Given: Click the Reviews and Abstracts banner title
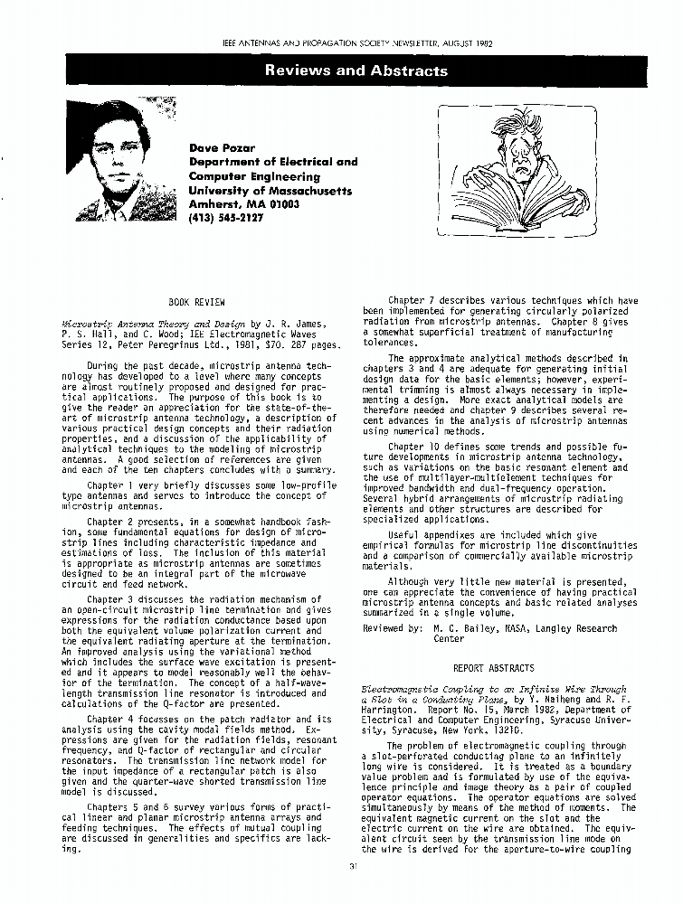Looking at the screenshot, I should [356, 71].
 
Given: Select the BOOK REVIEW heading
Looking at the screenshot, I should [196, 302].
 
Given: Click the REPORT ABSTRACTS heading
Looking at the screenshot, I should [493, 668].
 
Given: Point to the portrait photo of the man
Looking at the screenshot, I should [122, 161].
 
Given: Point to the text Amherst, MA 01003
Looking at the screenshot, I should [243, 204].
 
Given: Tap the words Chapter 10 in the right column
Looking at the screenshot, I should [414, 446].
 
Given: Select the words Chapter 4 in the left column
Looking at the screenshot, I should [111, 720].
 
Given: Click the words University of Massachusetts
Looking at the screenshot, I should [270, 191].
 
